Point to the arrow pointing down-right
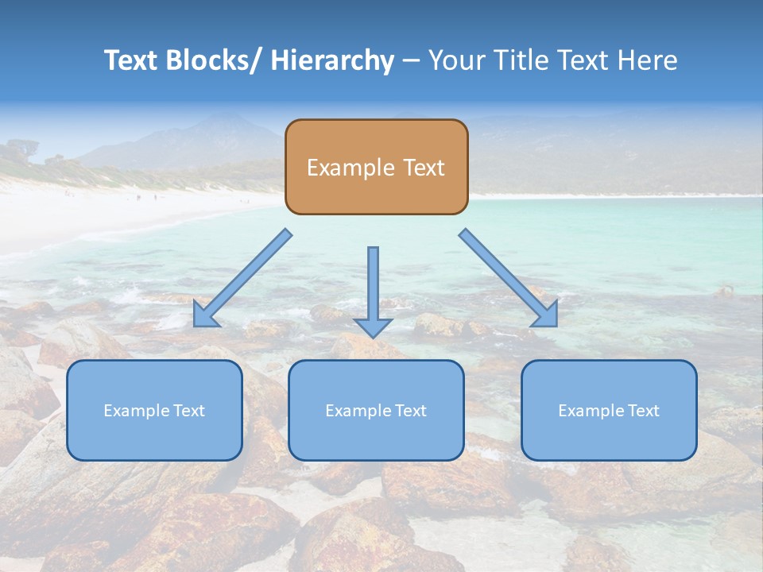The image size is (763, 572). click(509, 278)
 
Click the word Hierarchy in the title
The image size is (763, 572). click(332, 60)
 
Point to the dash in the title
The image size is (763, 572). click(410, 60)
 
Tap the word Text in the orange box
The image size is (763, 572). click(423, 168)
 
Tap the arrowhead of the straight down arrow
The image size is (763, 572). click(373, 327)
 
